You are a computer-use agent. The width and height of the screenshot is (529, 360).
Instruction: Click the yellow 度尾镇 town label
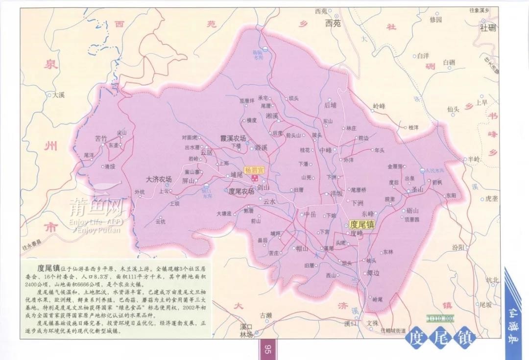point(362,225)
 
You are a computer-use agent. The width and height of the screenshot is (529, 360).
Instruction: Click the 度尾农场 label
point(241,192)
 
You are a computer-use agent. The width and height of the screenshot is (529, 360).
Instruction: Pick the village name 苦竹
point(101,139)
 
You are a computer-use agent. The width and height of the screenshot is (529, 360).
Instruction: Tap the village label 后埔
point(331,105)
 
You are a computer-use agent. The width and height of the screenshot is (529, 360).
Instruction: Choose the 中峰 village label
point(326,150)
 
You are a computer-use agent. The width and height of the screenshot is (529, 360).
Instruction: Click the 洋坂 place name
point(337,193)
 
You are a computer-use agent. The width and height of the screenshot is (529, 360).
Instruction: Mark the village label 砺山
point(413,211)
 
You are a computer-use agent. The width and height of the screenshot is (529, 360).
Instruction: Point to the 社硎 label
point(488,28)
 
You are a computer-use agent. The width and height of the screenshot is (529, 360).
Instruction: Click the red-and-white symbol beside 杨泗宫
point(255,179)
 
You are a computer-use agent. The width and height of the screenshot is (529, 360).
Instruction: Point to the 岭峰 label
point(379,106)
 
